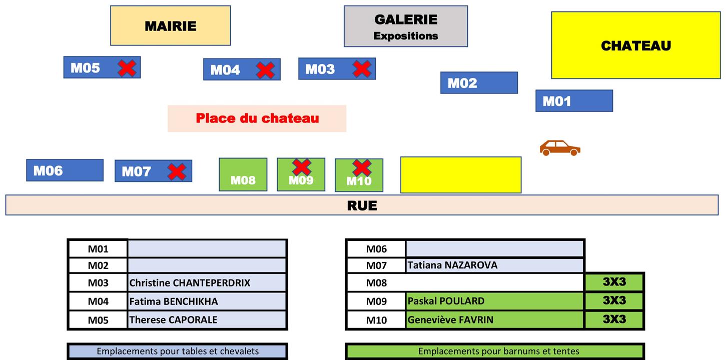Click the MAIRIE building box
coord(171,25)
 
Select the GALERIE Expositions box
coord(406,26)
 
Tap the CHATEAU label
coord(636,45)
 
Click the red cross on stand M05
coord(127,67)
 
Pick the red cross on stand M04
coord(266,70)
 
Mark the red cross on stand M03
coord(362,68)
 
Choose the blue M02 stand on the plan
coord(479,83)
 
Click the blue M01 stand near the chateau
coord(574,101)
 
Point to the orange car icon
coord(560,148)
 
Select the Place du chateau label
coord(257,118)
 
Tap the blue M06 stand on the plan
coord(65,170)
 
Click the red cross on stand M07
coord(177,171)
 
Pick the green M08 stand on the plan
coord(243,174)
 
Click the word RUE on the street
coord(362,205)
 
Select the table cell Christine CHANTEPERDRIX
coord(207,282)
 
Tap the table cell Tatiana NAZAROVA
coord(494,265)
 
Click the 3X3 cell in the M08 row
coord(614,282)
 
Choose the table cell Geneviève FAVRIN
coord(494,320)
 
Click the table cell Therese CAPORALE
coord(207,320)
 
